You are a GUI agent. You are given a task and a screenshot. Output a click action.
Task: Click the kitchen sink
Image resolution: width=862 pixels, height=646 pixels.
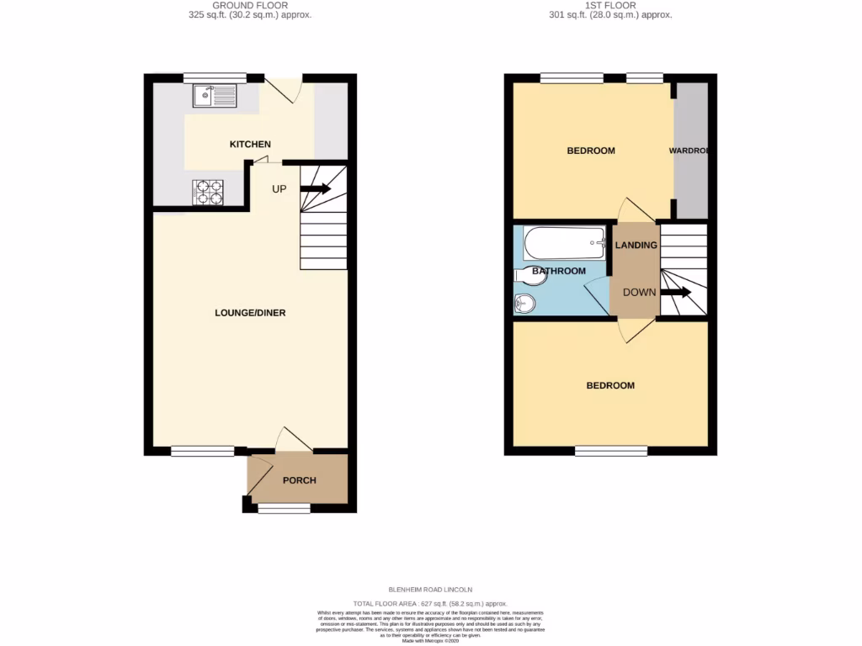point(215,97)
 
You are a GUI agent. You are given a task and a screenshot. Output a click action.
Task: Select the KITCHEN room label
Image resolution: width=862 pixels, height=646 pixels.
point(250,145)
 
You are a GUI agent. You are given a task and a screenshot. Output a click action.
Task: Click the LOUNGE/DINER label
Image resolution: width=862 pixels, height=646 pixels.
point(250,313)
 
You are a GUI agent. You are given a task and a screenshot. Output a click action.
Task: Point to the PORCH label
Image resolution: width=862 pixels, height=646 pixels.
point(299,480)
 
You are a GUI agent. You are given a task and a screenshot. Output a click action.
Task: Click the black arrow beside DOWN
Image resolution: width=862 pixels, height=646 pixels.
point(676,293)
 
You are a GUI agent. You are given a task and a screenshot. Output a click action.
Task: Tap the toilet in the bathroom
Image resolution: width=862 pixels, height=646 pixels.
point(529,273)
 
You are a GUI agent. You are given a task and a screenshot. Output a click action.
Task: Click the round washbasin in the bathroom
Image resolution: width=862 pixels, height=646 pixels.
point(524,304)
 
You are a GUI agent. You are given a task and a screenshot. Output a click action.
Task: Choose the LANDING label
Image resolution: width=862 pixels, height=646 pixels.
point(636,246)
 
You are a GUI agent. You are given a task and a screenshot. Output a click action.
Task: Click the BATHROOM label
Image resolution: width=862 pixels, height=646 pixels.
point(557,271)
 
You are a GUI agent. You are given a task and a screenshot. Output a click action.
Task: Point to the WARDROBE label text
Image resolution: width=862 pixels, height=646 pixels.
point(689,151)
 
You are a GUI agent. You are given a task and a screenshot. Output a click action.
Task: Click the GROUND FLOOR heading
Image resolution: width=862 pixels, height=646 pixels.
point(250,5)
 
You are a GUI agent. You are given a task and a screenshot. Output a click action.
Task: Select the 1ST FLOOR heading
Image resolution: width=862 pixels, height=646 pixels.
point(610,5)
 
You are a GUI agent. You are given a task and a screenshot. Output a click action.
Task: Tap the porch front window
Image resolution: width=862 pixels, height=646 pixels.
point(284,508)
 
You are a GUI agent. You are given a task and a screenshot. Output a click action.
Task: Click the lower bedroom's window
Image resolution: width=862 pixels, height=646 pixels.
point(611,451)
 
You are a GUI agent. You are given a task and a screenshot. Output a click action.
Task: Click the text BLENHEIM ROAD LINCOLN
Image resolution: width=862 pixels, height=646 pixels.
point(430,590)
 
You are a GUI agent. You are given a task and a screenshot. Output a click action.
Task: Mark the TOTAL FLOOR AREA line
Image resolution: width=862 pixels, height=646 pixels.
point(430,604)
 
